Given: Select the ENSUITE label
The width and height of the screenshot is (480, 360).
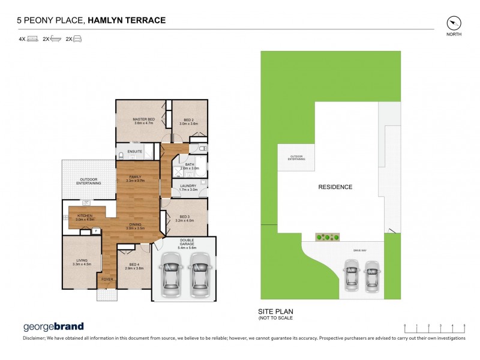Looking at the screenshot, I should [x=135, y=151].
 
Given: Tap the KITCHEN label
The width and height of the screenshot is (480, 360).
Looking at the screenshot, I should [x=85, y=217].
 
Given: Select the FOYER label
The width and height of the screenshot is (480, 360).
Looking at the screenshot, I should [x=107, y=280].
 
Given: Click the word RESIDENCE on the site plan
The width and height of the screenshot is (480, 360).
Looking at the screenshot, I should [x=335, y=187].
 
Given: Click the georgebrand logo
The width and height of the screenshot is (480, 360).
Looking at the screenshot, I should [x=53, y=327].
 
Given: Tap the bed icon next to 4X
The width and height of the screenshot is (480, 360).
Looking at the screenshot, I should [x=32, y=39].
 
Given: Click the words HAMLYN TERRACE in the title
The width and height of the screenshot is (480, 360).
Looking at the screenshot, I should [x=127, y=20].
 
